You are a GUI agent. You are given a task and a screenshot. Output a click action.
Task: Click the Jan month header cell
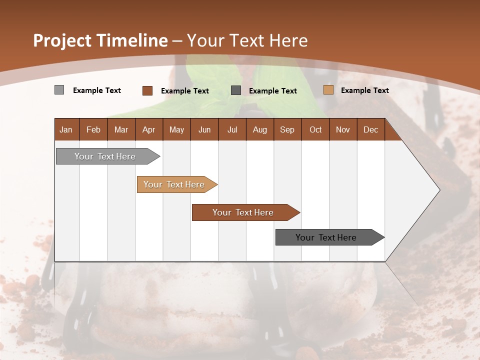point(66,129)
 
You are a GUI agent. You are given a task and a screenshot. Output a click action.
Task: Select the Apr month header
point(149,129)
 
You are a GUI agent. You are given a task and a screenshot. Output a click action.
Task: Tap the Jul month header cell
point(232,129)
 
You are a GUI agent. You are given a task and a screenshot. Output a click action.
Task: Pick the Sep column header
point(287,129)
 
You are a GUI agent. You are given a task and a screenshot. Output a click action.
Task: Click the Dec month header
point(370,129)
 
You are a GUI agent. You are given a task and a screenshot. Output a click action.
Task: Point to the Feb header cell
point(93,129)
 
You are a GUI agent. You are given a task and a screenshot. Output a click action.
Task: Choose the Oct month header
point(315,129)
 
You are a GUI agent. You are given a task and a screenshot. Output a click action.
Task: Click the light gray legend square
point(59,90)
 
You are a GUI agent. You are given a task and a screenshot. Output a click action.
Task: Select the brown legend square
point(147,90)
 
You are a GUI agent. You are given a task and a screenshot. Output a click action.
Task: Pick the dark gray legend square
point(236,90)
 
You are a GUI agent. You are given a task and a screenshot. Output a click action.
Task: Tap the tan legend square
point(328,90)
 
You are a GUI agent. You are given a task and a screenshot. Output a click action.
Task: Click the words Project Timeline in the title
point(100,40)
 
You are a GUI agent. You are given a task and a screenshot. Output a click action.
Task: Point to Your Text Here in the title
point(247,40)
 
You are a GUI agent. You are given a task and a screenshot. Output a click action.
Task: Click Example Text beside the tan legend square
point(364,90)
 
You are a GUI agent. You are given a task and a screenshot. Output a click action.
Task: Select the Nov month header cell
point(343,129)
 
